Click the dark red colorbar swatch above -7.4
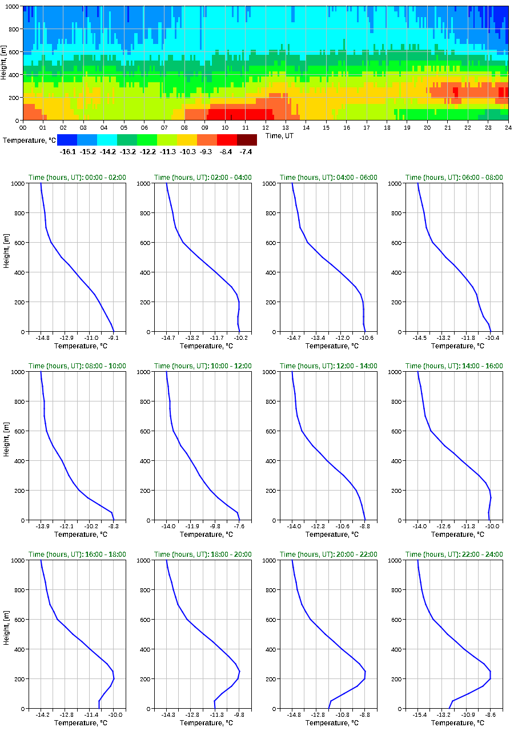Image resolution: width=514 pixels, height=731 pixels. pos(247,140)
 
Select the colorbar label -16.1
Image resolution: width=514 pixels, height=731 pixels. pos(67,152)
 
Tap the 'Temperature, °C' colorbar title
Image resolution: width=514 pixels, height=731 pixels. pos(28,140)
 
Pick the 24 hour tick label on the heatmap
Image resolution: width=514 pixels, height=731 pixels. pos(508,128)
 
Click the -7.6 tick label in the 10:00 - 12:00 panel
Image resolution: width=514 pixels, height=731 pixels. pos(239,526)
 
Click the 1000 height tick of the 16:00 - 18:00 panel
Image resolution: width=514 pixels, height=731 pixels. pos(18,560)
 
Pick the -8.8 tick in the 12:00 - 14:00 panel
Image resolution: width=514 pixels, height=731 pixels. pos(365,526)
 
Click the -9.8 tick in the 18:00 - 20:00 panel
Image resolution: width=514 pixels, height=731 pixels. pos(239,714)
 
